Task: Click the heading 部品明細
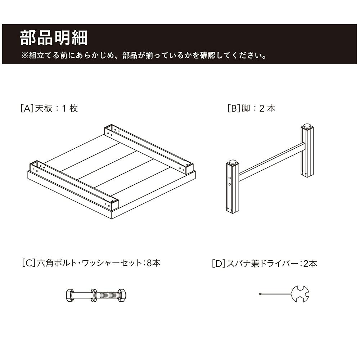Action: click(x=54, y=38)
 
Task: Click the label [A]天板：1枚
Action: click(x=49, y=108)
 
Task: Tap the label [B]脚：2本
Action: click(x=251, y=108)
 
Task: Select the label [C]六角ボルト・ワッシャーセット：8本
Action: click(x=91, y=263)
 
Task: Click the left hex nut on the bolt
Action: click(x=69, y=295)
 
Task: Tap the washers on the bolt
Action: click(x=94, y=295)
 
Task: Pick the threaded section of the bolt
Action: click(x=107, y=295)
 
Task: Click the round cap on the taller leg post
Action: click(x=307, y=126)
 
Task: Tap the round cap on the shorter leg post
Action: click(x=233, y=162)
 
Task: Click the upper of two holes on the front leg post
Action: click(x=230, y=178)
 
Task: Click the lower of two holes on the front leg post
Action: click(x=230, y=184)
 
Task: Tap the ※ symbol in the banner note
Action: click(x=24, y=55)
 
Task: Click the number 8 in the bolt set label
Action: click(x=149, y=263)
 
